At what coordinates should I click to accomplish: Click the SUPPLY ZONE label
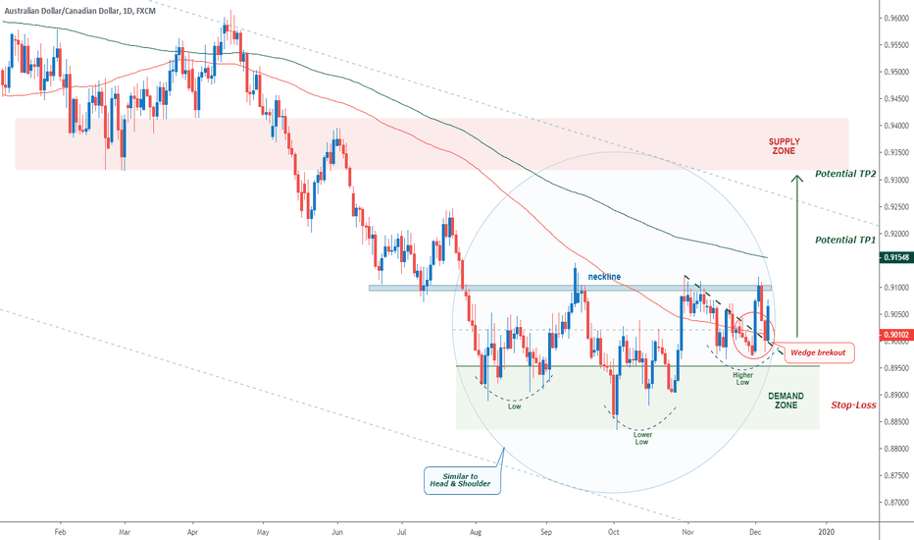[783, 147]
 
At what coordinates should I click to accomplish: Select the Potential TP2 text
[844, 175]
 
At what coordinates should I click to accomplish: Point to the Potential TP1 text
[844, 239]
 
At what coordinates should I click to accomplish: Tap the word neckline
[604, 277]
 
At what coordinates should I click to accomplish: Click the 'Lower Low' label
[640, 437]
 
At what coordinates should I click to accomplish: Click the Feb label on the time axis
[60, 529]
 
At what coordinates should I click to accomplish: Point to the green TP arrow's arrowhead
[797, 177]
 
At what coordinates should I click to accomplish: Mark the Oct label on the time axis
[613, 529]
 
